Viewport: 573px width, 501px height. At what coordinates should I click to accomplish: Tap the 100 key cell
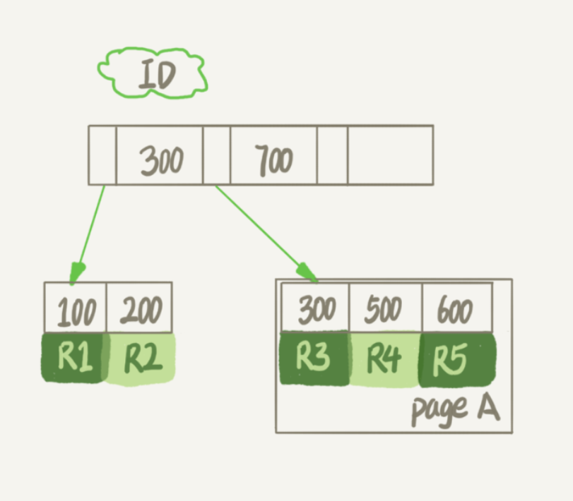[x=76, y=309]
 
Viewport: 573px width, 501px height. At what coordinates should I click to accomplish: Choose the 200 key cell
[x=140, y=309]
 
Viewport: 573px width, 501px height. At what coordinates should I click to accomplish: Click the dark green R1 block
[x=74, y=358]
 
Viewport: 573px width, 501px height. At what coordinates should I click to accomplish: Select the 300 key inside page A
[x=316, y=308]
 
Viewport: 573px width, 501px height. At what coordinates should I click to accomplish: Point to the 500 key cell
[x=385, y=308]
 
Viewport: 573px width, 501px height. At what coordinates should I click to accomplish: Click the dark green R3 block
[x=314, y=358]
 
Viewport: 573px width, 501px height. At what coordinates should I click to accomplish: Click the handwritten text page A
[x=454, y=409]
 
